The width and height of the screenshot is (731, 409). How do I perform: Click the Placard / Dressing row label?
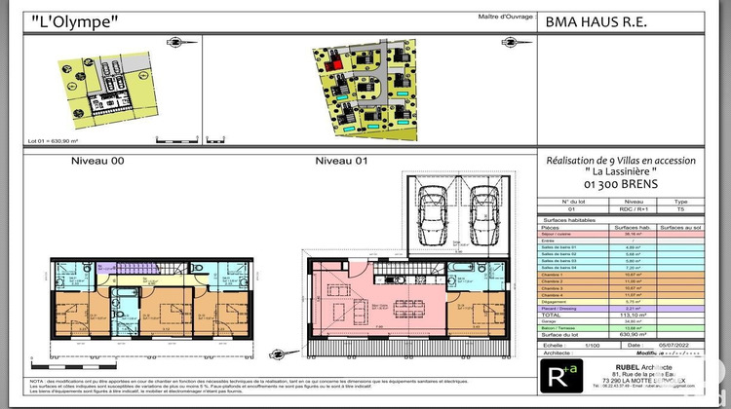point(562,309)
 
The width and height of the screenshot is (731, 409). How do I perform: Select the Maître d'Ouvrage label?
point(505,16)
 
